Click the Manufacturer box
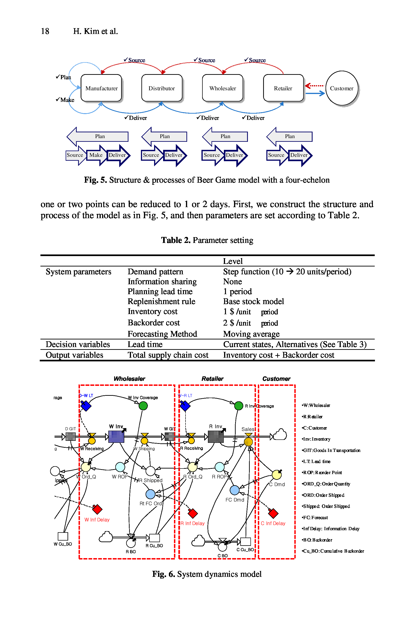tap(101, 88)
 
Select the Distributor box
tap(162, 88)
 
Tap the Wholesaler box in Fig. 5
tap(223, 88)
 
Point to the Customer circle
tap(341, 88)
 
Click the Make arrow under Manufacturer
tap(96, 155)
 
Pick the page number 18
tap(45, 31)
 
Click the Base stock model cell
tap(253, 302)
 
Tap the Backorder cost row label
tap(153, 323)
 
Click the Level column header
tap(233, 261)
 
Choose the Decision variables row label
tap(78, 344)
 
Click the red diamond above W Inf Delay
tap(97, 509)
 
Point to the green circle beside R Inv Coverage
tap(238, 405)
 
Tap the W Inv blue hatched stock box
tap(116, 436)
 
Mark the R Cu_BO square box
tap(155, 538)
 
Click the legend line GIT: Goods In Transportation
tap(331, 450)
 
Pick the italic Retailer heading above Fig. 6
tap(213, 379)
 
